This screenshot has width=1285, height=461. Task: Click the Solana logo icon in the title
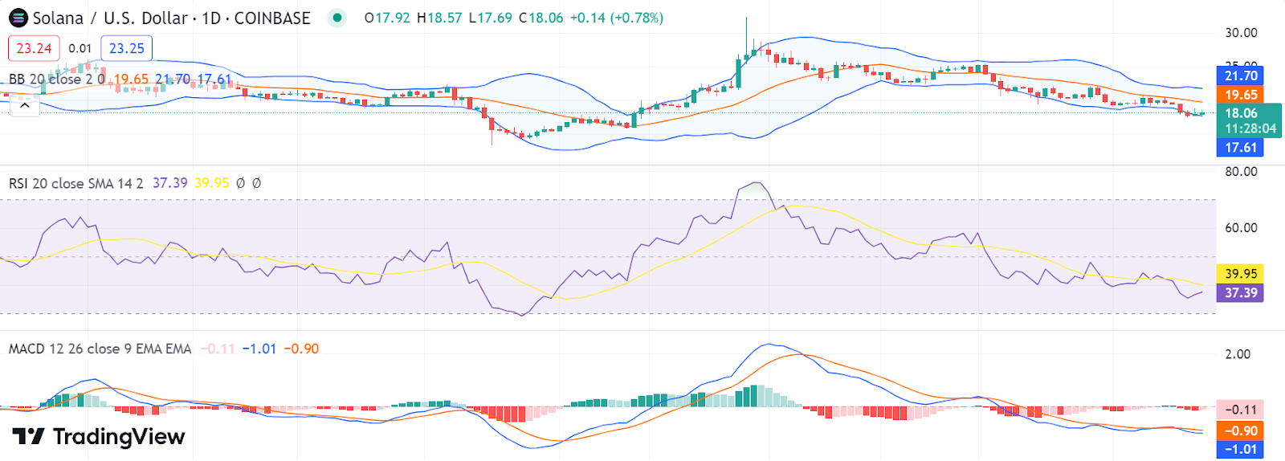pos(18,18)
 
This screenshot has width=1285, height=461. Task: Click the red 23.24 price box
pos(34,48)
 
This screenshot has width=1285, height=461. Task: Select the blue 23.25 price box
pos(126,48)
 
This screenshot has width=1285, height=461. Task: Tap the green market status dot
pos(337,18)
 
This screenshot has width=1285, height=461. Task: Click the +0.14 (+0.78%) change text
pos(616,18)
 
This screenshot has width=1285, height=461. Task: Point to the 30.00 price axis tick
pos(1241,33)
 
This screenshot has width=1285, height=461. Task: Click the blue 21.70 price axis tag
pos(1241,75)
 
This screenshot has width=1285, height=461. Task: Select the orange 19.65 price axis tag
pos(1241,95)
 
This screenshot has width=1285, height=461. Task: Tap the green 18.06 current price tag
pos(1249,120)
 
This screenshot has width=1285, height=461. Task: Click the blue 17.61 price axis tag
pos(1241,148)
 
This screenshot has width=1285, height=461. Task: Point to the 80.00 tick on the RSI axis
pos(1241,172)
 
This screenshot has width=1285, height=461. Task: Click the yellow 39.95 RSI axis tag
pos(1241,274)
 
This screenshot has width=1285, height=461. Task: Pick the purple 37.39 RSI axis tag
pos(1241,293)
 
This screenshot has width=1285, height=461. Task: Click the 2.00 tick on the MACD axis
pos(1238,354)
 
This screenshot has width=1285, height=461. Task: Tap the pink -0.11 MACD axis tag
pos(1241,410)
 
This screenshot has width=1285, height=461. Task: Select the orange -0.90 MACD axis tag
pos(1241,430)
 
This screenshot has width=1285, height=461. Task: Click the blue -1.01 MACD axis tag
pos(1241,450)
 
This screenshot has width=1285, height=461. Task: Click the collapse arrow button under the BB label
pos(25,105)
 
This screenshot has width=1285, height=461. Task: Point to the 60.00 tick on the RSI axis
pos(1241,228)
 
